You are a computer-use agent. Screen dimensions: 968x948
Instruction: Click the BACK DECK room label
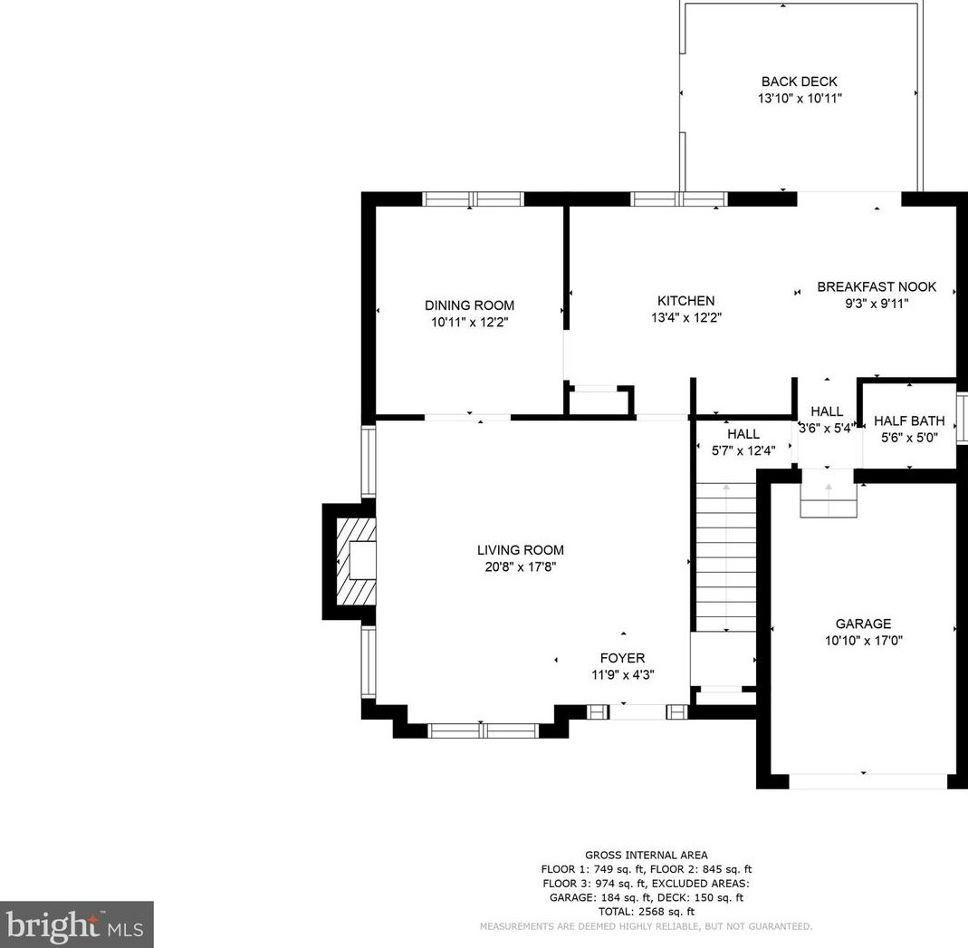click(799, 82)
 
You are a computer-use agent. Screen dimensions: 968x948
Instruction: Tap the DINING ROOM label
click(469, 305)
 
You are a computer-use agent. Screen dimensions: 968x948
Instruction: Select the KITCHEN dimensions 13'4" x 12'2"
click(686, 317)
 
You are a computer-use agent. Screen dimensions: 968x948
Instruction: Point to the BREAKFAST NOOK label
click(877, 286)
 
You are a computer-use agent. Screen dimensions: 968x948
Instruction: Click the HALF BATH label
click(909, 421)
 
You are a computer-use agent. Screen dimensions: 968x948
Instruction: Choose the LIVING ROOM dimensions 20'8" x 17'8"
click(521, 566)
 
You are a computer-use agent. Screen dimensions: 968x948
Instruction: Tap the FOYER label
click(622, 658)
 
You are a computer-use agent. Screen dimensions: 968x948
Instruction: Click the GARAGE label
click(863, 624)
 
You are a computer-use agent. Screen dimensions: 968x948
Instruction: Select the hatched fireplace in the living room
click(356, 561)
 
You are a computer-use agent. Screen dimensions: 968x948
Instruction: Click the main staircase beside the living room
click(726, 557)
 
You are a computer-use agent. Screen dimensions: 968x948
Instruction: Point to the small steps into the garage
click(829, 492)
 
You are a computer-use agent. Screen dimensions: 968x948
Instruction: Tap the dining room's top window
click(473, 199)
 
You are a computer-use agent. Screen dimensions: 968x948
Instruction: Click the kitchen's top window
click(679, 199)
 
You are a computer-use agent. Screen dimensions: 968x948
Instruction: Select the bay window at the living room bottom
click(483, 731)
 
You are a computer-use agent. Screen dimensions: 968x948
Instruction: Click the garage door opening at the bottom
click(868, 781)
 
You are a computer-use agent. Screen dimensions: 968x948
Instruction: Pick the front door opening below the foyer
click(637, 712)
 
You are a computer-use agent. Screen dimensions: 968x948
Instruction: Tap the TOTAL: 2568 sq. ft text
click(647, 912)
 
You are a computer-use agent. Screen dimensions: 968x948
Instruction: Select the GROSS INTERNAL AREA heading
click(647, 856)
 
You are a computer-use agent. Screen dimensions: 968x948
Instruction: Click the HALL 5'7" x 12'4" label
click(743, 442)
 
